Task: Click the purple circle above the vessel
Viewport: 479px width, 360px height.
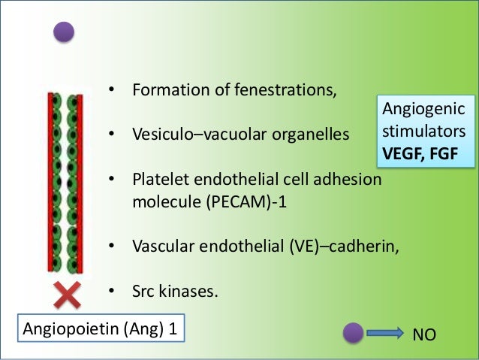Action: pos(63,31)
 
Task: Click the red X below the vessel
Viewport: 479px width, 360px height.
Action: pos(69,294)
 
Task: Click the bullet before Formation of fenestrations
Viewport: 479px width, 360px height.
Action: pos(110,92)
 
